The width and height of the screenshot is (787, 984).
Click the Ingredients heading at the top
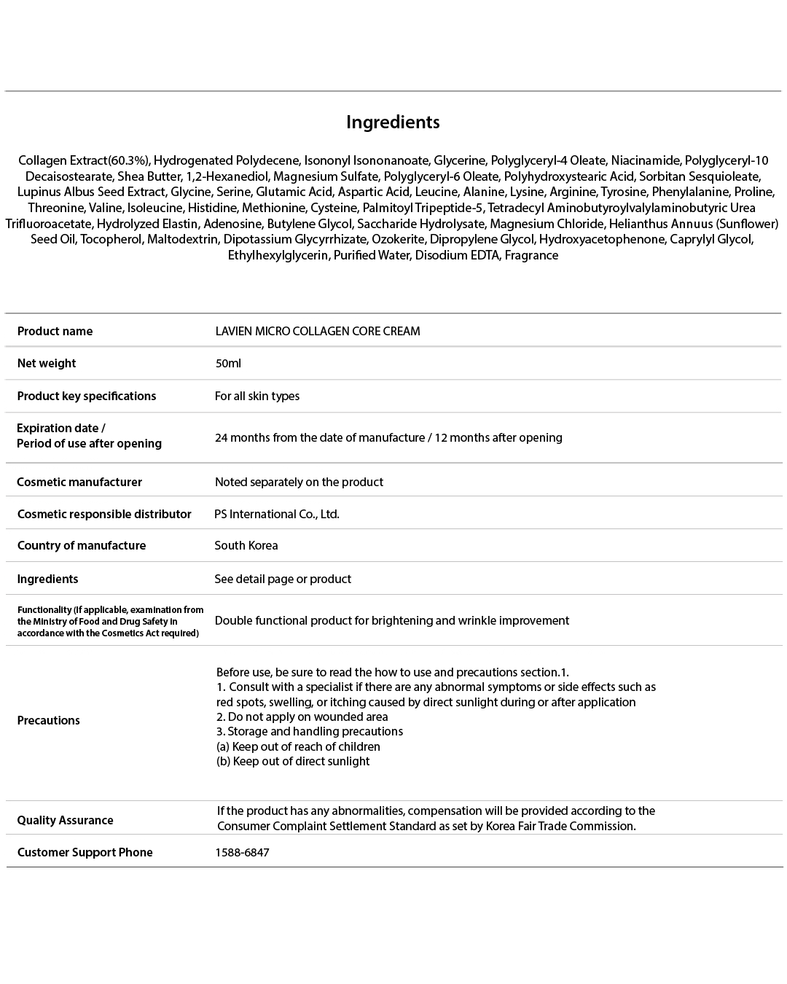click(x=393, y=122)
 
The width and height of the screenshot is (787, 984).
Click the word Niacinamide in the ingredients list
click(x=645, y=160)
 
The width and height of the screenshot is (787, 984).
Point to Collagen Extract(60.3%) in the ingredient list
click(x=84, y=160)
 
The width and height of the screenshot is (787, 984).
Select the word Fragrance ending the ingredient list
click(x=531, y=255)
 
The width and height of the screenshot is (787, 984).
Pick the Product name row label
click(x=55, y=331)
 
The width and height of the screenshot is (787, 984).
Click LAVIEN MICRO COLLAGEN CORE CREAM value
click(x=318, y=331)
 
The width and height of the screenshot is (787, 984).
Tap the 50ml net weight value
click(x=228, y=363)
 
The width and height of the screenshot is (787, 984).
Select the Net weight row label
click(x=47, y=363)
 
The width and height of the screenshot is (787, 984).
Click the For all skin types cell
click(x=257, y=396)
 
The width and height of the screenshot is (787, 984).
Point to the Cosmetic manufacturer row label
click(x=79, y=482)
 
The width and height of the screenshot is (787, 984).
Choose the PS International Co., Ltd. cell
click(x=277, y=514)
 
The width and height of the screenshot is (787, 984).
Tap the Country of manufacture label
click(x=82, y=545)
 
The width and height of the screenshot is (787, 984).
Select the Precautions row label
click(x=49, y=720)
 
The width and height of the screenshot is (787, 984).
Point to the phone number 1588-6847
click(x=242, y=852)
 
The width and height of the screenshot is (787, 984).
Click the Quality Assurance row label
click(x=65, y=820)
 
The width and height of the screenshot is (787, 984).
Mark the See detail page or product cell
click(x=283, y=579)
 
